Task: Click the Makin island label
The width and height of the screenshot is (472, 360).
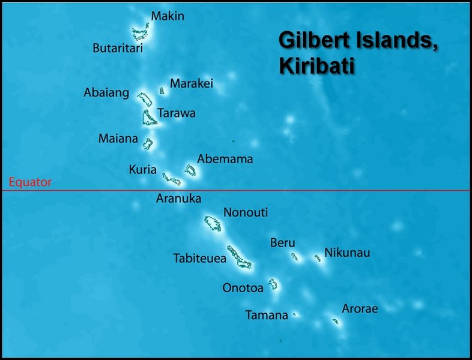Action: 168,16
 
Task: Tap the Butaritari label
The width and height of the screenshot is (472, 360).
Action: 118,49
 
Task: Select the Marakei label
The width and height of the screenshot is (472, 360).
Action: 192,84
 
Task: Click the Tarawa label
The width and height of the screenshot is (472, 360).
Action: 177,113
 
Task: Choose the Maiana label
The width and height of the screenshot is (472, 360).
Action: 118,139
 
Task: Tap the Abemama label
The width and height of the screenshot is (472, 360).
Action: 225,159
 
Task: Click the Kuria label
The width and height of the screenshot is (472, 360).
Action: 143,170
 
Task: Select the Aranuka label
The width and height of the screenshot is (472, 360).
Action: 178,198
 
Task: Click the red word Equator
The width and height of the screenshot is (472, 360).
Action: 30,182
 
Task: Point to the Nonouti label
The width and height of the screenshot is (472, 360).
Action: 246,212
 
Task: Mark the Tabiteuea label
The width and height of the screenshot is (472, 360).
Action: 199,259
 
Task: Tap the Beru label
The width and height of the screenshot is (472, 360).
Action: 282,243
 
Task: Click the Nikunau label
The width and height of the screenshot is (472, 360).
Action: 347,253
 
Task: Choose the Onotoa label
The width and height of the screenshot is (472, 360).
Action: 243,288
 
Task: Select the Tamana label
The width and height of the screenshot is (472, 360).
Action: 267,315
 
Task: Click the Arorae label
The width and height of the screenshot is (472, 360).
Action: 360,309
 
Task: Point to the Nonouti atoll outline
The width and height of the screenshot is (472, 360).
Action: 213,224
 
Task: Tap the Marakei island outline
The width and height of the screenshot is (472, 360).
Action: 162,91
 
